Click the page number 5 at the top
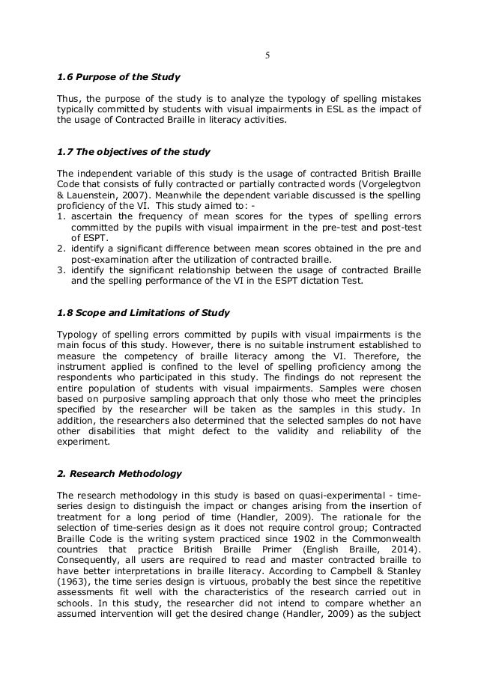point(268,55)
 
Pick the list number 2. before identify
point(61,248)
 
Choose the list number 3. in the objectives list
point(61,269)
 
